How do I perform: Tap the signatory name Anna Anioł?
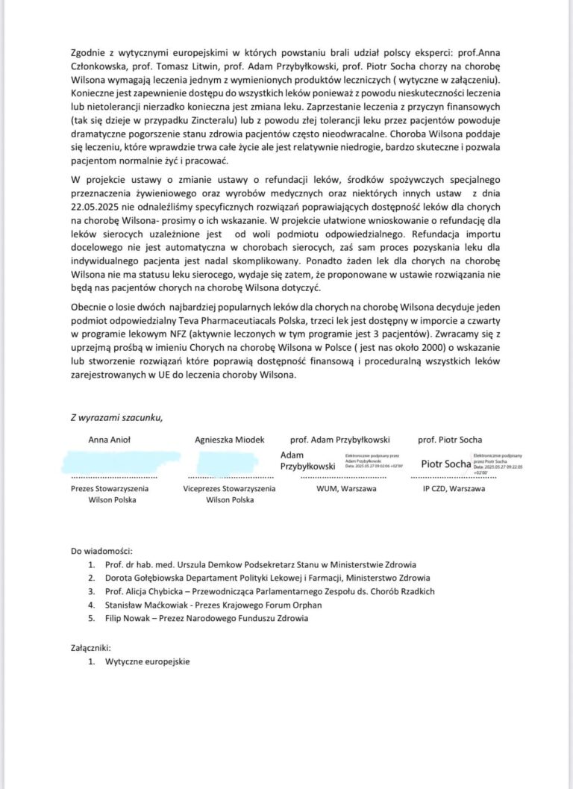[110, 440]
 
